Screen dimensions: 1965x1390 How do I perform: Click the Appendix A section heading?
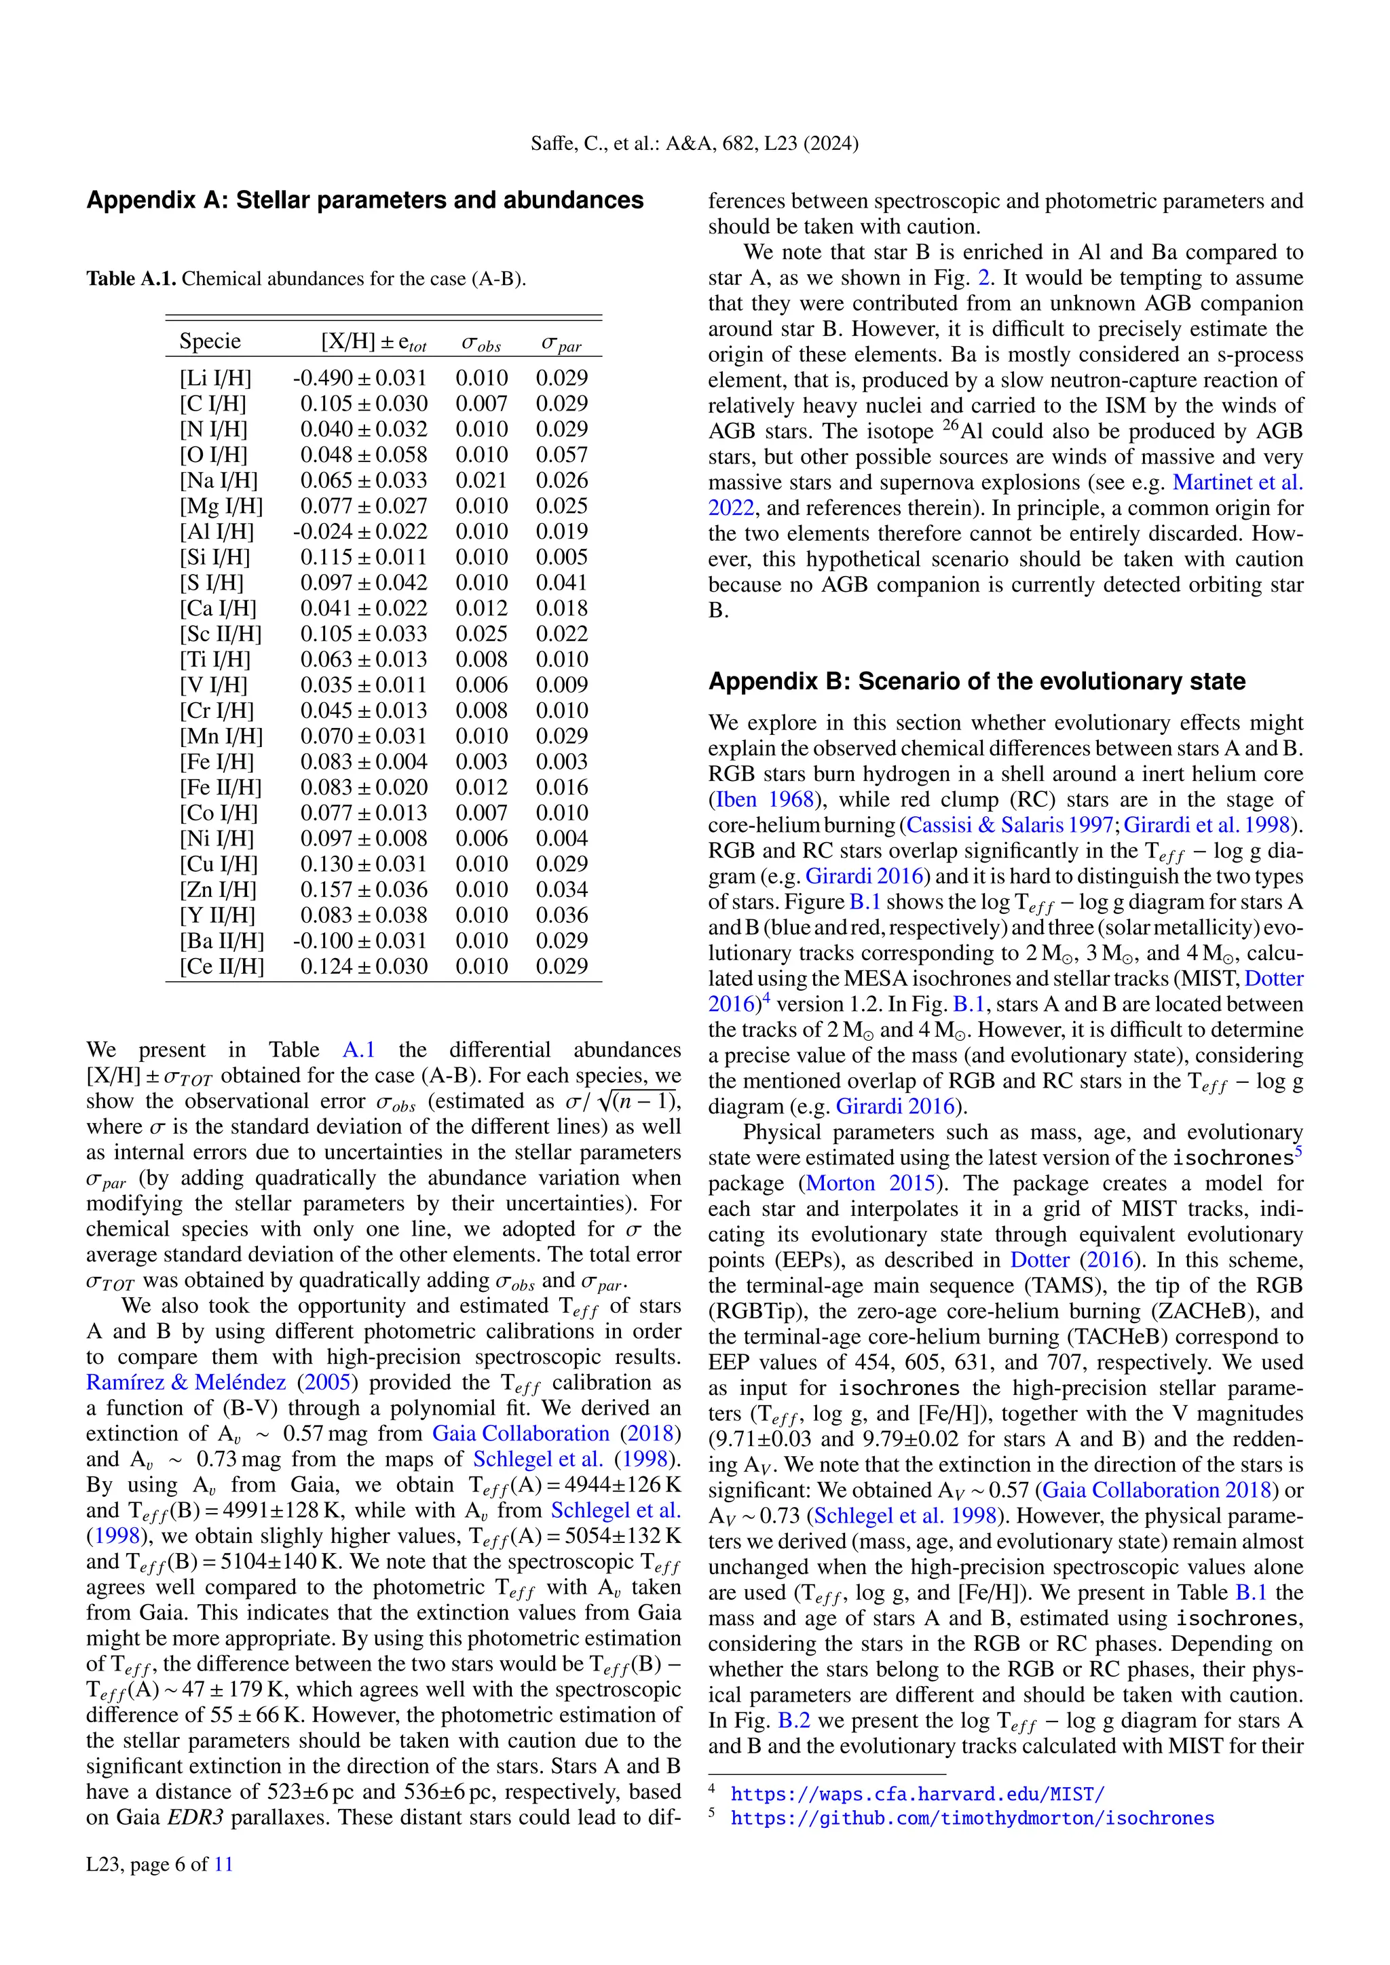click(x=364, y=200)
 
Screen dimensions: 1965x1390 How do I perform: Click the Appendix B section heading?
click(x=977, y=681)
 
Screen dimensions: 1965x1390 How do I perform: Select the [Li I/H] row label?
click(x=215, y=379)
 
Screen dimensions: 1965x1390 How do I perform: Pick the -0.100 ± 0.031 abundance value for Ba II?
click(x=360, y=940)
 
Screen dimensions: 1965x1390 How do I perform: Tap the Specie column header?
click(x=210, y=341)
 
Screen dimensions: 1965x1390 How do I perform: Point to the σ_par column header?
click(x=561, y=343)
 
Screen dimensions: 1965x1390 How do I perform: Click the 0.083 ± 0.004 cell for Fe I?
click(x=363, y=762)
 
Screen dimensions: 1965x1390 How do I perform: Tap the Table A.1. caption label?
click(x=132, y=279)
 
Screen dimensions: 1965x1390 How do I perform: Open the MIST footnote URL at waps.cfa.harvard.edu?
click(x=918, y=1794)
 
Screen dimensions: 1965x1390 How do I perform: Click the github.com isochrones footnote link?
click(x=971, y=1818)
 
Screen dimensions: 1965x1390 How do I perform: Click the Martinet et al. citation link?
click(x=1237, y=482)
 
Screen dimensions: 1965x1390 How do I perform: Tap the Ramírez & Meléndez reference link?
click(x=186, y=1383)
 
